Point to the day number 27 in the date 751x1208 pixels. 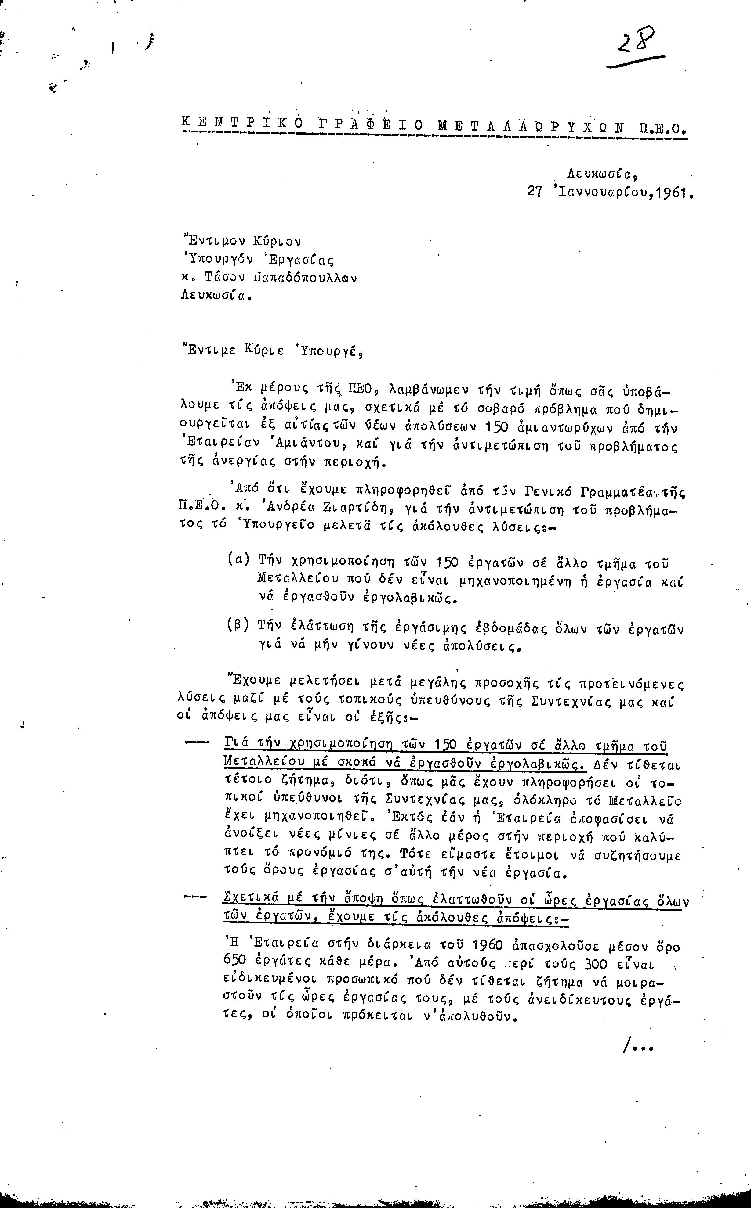click(535, 192)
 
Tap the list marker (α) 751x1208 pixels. click(238, 559)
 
